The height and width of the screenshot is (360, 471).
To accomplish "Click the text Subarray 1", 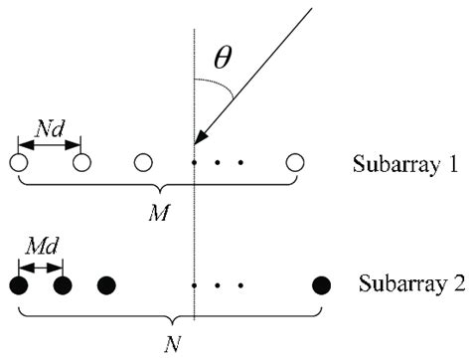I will [401, 163].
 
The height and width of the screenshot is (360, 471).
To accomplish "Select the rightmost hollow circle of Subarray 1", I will [294, 162].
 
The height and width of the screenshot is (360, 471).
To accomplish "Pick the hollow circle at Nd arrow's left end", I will [18, 162].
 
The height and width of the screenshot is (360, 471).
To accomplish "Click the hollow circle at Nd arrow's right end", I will [82, 162].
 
